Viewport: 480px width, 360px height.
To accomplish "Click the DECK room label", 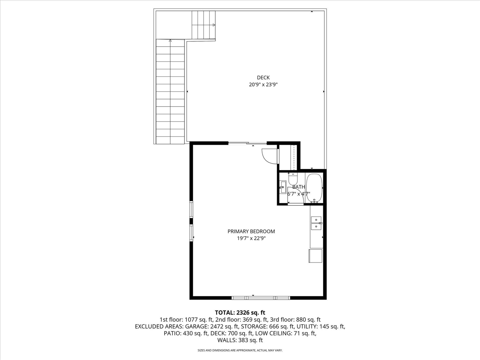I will (x=263, y=78).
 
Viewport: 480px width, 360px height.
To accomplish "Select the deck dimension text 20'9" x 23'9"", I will (x=263, y=85).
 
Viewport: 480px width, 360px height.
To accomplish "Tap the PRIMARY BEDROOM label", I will (x=251, y=231).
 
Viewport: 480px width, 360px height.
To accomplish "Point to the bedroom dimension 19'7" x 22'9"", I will (x=251, y=238).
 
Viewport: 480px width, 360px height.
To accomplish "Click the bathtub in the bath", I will (x=314, y=188).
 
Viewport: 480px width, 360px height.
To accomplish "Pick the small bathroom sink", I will (x=283, y=187).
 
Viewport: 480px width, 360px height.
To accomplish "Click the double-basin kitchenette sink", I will (x=316, y=223).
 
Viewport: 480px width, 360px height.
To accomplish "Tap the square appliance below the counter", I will (x=315, y=256).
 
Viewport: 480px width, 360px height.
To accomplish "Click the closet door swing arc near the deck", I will (x=269, y=156).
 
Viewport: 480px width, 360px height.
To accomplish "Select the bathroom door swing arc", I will (x=295, y=199).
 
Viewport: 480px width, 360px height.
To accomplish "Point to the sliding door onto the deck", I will (x=247, y=143).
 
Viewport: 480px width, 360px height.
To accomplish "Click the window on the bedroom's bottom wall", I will (x=261, y=298).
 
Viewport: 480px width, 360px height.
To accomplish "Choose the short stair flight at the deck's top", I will (x=204, y=25).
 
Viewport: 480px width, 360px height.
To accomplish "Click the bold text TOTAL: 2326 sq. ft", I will (x=240, y=312).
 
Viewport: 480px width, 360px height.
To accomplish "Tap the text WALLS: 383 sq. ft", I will (x=240, y=340).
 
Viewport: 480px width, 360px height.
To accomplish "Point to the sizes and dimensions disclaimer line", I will (x=240, y=350).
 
